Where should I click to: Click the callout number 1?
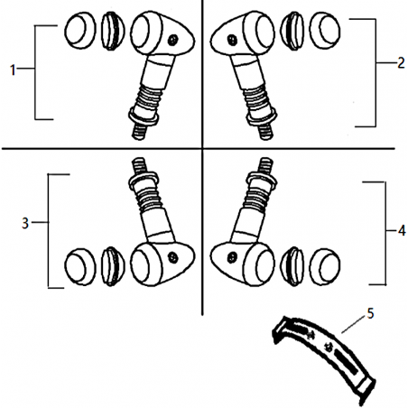click(13, 70)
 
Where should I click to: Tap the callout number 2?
click(401, 63)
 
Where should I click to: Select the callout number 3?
click(25, 223)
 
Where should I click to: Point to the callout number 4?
click(402, 231)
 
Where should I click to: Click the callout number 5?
click(370, 313)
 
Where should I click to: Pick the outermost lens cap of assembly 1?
click(80, 31)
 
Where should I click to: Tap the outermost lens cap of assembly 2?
click(325, 31)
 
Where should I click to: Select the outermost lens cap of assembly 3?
click(80, 267)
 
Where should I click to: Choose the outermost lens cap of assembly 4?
click(325, 267)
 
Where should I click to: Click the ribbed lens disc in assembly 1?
click(113, 31)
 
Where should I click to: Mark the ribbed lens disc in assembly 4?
click(292, 266)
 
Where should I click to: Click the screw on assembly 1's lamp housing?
click(172, 40)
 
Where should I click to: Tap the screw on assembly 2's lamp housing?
click(232, 40)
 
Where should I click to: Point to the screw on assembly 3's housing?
click(172, 257)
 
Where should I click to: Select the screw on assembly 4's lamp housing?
click(232, 257)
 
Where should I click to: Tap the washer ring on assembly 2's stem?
click(261, 116)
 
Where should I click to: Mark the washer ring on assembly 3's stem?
click(144, 181)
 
